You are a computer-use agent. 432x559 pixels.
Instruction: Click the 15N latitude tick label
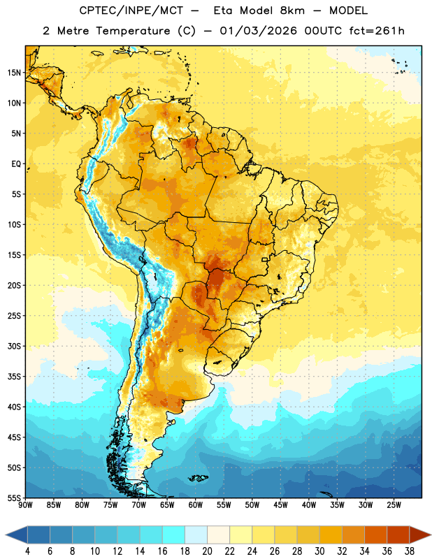(14, 73)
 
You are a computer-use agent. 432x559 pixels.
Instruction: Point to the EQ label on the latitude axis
(16, 164)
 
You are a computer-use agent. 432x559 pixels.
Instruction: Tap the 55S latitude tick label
(14, 498)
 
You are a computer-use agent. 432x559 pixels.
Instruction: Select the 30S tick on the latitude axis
(14, 346)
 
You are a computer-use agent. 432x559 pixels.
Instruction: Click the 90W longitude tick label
(25, 504)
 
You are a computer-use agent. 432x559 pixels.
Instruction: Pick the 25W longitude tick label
(394, 504)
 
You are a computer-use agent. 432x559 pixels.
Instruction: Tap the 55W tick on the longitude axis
(224, 504)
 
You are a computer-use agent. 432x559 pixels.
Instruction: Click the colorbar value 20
(207, 551)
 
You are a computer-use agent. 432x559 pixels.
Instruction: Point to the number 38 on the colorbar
(410, 551)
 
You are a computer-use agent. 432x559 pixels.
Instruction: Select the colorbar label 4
(27, 551)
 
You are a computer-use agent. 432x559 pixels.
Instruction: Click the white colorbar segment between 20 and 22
(218, 535)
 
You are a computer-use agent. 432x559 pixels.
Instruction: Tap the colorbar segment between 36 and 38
(398, 535)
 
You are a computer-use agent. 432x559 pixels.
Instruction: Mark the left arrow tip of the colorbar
(6, 535)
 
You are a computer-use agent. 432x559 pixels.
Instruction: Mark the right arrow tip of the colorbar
(431, 535)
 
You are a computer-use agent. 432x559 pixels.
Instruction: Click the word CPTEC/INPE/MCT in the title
(131, 10)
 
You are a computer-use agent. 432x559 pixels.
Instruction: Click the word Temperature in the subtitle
(133, 31)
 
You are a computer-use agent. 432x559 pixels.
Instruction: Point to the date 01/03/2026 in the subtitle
(258, 31)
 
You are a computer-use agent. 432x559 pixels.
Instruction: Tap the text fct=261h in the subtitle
(377, 31)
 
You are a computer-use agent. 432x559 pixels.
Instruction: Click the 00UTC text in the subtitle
(323, 31)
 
